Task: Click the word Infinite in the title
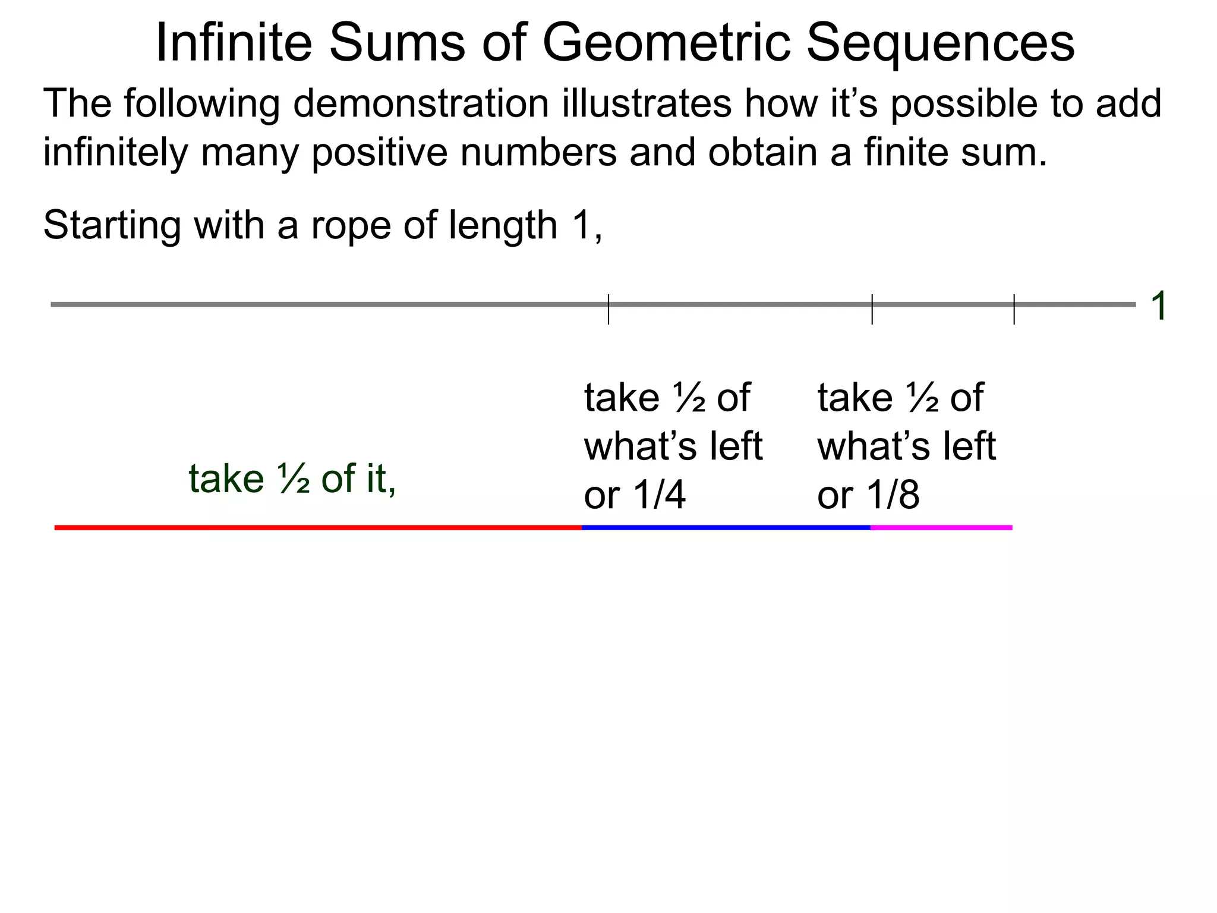pos(234,43)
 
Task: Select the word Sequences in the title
pos(940,43)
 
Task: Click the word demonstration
pos(421,104)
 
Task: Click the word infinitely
pos(115,153)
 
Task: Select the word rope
pos(351,225)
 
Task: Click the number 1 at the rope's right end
pos(1158,306)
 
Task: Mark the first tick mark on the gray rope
pos(608,309)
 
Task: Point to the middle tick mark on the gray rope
pos(872,309)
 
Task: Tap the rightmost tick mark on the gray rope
pos(1014,309)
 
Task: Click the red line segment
pos(318,527)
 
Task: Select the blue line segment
pos(726,527)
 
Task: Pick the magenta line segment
pos(941,527)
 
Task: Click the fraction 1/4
pos(660,495)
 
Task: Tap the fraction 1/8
pos(893,495)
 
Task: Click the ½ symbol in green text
pos(293,479)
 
